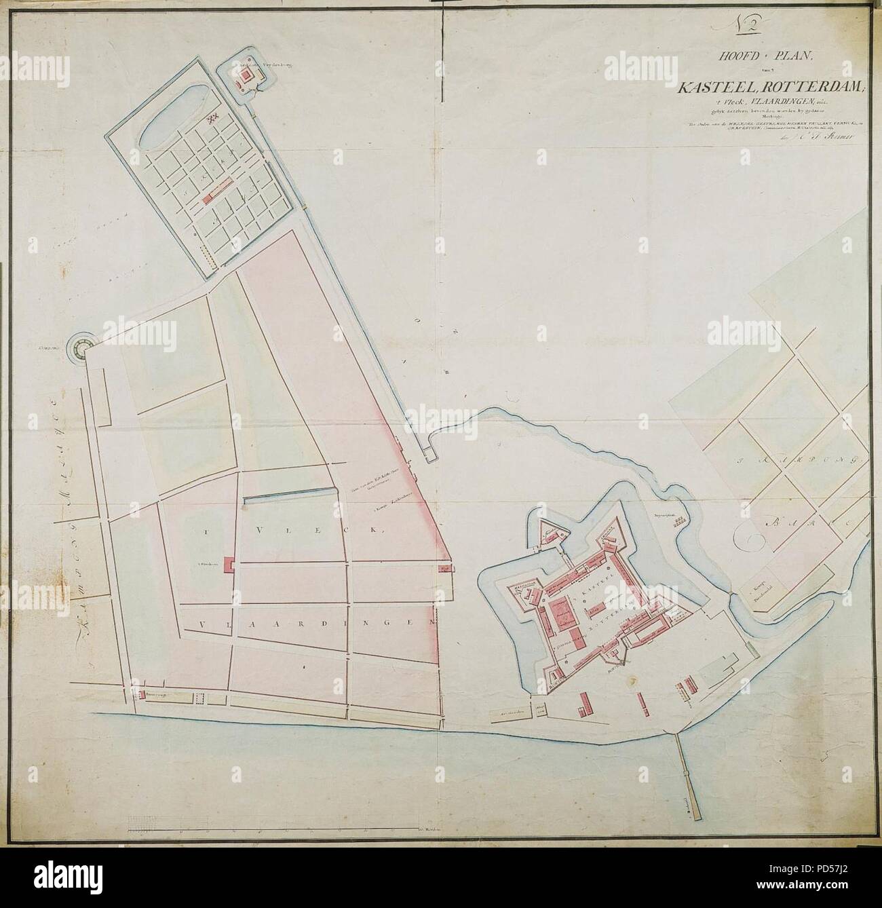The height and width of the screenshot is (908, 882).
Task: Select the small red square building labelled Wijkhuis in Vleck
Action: point(229,563)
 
